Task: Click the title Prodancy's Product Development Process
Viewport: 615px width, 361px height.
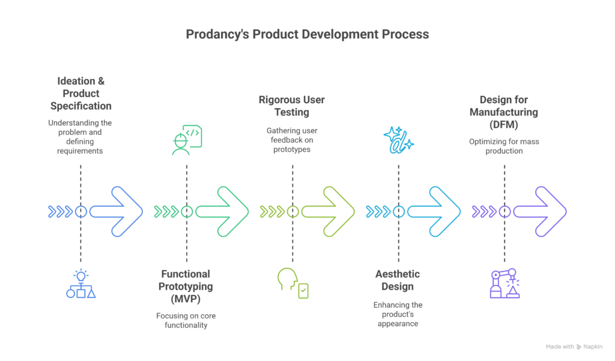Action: [307, 34]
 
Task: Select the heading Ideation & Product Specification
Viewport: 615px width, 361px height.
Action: [81, 94]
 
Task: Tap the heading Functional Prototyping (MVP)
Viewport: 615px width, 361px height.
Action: [186, 286]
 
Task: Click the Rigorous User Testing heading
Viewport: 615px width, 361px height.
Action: [291, 106]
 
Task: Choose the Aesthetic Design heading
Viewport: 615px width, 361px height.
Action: [398, 280]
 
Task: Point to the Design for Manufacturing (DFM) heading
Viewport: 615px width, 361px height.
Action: [504, 112]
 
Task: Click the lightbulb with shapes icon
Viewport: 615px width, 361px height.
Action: [81, 284]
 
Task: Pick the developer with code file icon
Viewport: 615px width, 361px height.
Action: [187, 140]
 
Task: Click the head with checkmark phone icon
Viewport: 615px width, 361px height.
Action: [292, 283]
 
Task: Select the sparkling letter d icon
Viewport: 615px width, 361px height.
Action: [398, 140]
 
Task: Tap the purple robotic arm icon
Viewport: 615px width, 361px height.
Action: [504, 284]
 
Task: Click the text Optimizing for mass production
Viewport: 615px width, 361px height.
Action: [504, 146]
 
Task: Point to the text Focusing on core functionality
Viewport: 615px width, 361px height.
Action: [186, 320]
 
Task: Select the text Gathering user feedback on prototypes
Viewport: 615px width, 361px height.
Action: [292, 140]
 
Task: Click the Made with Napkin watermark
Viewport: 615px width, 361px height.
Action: [574, 347]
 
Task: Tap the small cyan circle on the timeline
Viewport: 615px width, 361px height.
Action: [399, 212]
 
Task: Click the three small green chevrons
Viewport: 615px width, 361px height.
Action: [166, 212]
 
